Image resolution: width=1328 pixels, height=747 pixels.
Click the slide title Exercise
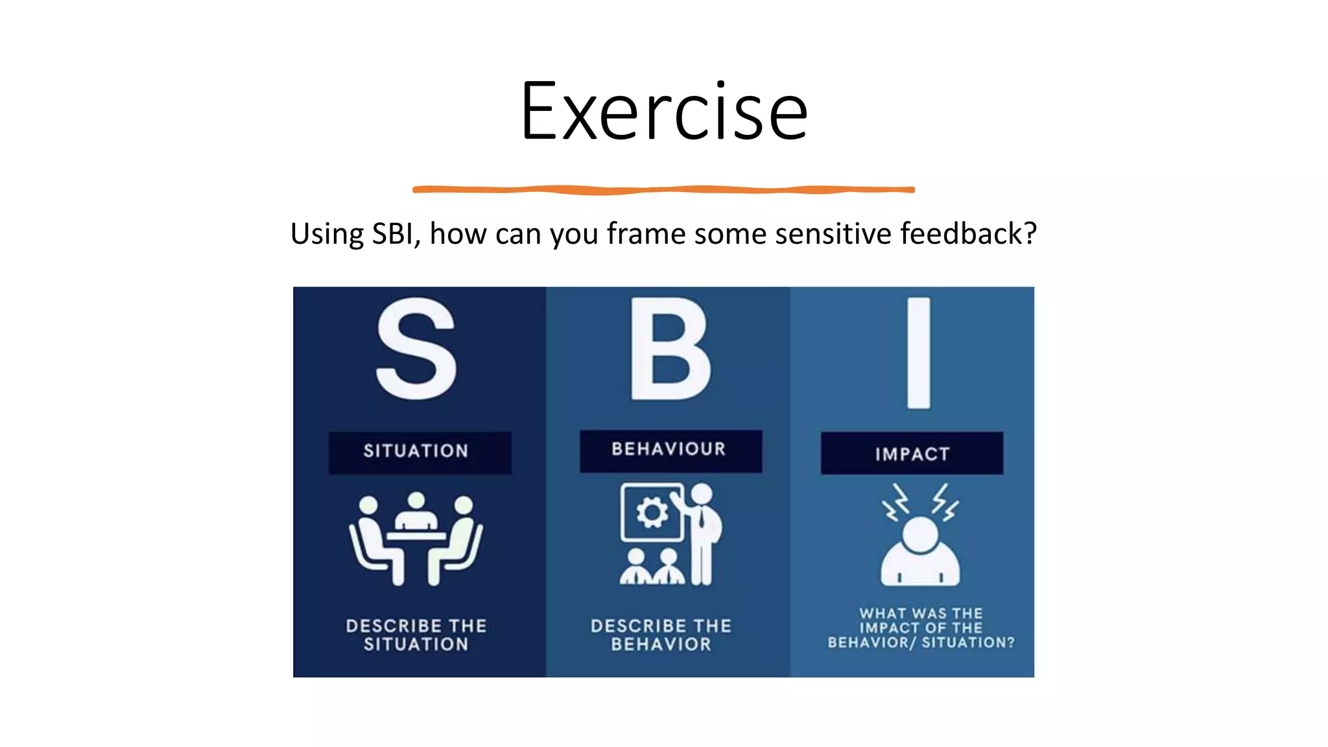coord(664,112)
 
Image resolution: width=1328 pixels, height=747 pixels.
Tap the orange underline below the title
coord(664,190)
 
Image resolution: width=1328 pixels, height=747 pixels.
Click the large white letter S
coord(416,350)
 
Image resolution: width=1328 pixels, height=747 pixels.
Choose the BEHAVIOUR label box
coord(670,450)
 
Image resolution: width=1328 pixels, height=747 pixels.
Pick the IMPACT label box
coord(912,454)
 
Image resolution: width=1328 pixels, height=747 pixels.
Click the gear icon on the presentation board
coord(652,514)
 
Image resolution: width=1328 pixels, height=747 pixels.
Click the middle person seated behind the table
coord(416,512)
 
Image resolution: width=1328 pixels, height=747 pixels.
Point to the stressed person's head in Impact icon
coord(919,535)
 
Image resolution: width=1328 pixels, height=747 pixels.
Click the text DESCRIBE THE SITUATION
coord(416,635)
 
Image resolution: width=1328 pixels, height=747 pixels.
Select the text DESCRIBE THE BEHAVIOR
coord(661,635)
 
